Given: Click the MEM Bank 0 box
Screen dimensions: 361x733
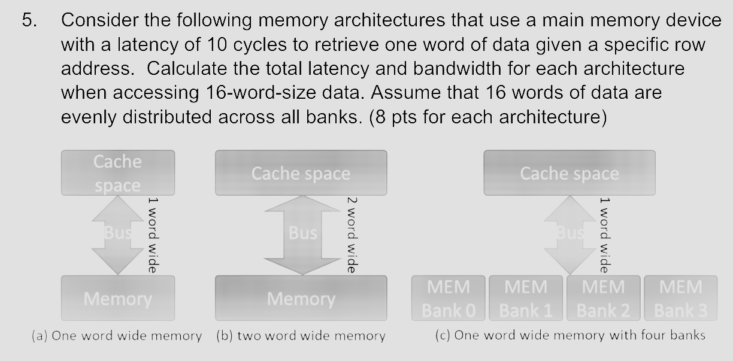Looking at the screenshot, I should [449, 298].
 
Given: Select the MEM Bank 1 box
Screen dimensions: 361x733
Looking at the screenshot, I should [526, 298].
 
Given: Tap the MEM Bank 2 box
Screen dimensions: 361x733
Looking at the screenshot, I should [602, 298].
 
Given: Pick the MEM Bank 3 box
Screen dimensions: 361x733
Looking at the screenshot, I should [680, 298].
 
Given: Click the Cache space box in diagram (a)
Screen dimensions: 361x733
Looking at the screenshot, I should [117, 173].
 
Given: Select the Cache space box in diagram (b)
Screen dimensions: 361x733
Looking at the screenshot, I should [301, 173].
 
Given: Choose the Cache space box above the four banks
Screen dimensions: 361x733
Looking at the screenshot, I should [569, 173].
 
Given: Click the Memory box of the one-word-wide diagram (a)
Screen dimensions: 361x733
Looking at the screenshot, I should [117, 298].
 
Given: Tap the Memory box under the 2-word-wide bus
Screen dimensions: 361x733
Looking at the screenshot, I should [301, 298].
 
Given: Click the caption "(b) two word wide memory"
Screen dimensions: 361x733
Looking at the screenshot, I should [301, 336].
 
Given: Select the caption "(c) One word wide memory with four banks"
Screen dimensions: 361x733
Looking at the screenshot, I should [569, 335].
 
